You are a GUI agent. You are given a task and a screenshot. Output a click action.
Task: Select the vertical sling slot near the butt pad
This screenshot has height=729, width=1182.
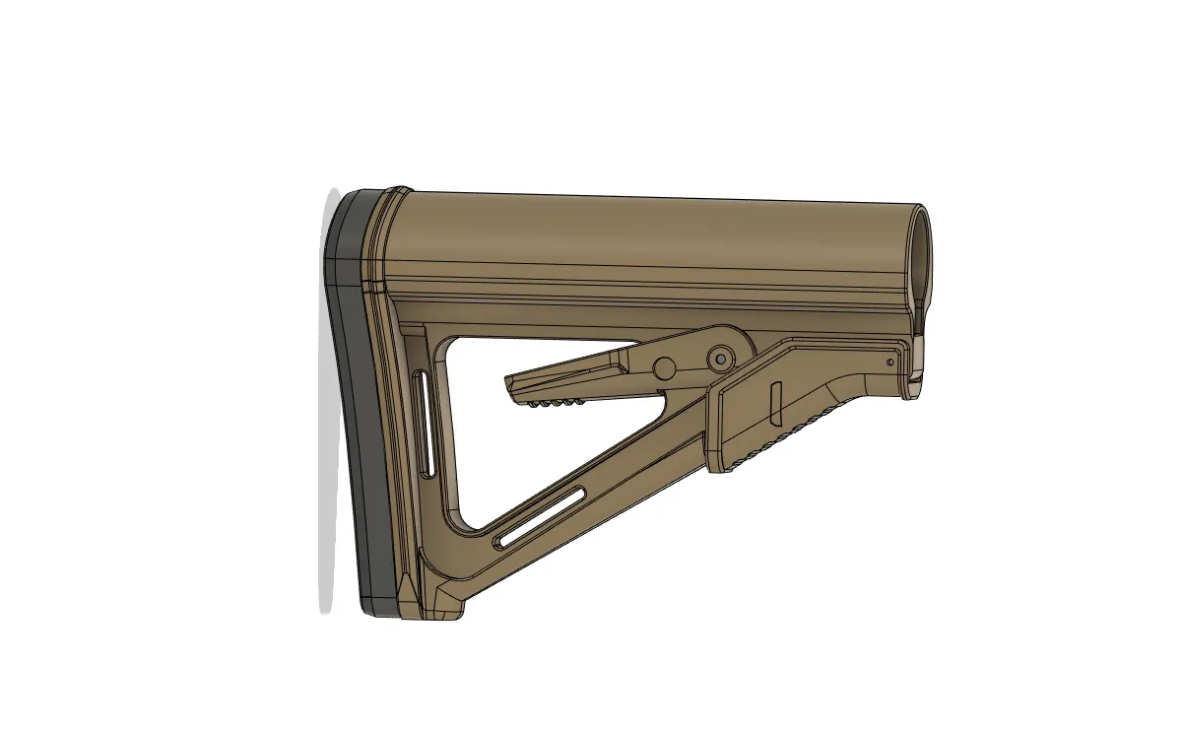[424, 423]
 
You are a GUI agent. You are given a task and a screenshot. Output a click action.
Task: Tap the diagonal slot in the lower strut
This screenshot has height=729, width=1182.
[542, 516]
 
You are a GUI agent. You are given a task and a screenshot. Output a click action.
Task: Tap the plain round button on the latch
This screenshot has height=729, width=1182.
[665, 367]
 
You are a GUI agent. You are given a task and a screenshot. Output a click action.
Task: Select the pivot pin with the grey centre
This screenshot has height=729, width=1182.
[721, 356]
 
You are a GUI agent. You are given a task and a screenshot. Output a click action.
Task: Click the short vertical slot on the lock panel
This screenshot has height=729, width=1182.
[774, 397]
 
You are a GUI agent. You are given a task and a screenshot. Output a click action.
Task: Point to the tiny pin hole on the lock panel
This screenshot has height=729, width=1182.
[890, 364]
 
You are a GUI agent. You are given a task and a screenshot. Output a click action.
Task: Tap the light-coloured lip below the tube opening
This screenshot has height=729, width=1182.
[917, 351]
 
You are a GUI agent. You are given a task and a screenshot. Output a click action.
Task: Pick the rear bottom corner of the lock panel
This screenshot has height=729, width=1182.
[724, 468]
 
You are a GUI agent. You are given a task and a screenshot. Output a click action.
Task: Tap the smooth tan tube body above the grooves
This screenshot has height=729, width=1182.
[640, 232]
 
